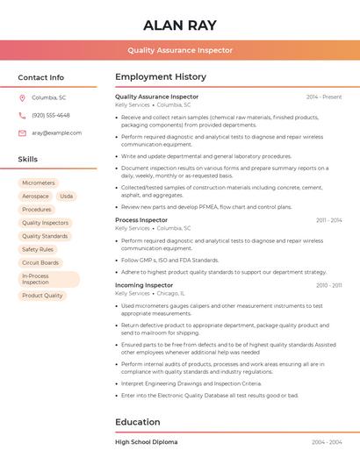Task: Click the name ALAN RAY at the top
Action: click(x=179, y=25)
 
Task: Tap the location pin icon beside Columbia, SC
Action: click(x=22, y=97)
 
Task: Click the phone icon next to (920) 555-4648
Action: click(x=22, y=115)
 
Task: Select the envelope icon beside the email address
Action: click(x=22, y=132)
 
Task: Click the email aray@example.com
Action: click(x=56, y=132)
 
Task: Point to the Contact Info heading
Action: click(x=40, y=77)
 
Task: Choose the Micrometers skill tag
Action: click(x=39, y=182)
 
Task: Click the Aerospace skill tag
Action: click(x=36, y=196)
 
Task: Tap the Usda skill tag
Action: click(x=67, y=196)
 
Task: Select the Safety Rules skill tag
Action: click(x=38, y=249)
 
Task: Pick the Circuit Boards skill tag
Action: click(x=40, y=262)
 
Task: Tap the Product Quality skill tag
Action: click(x=42, y=296)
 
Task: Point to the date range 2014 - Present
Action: click(x=324, y=97)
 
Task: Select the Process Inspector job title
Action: click(x=140, y=219)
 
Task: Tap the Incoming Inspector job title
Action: click(x=144, y=285)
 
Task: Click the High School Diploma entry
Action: click(x=146, y=442)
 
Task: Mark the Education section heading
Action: click(x=137, y=422)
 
